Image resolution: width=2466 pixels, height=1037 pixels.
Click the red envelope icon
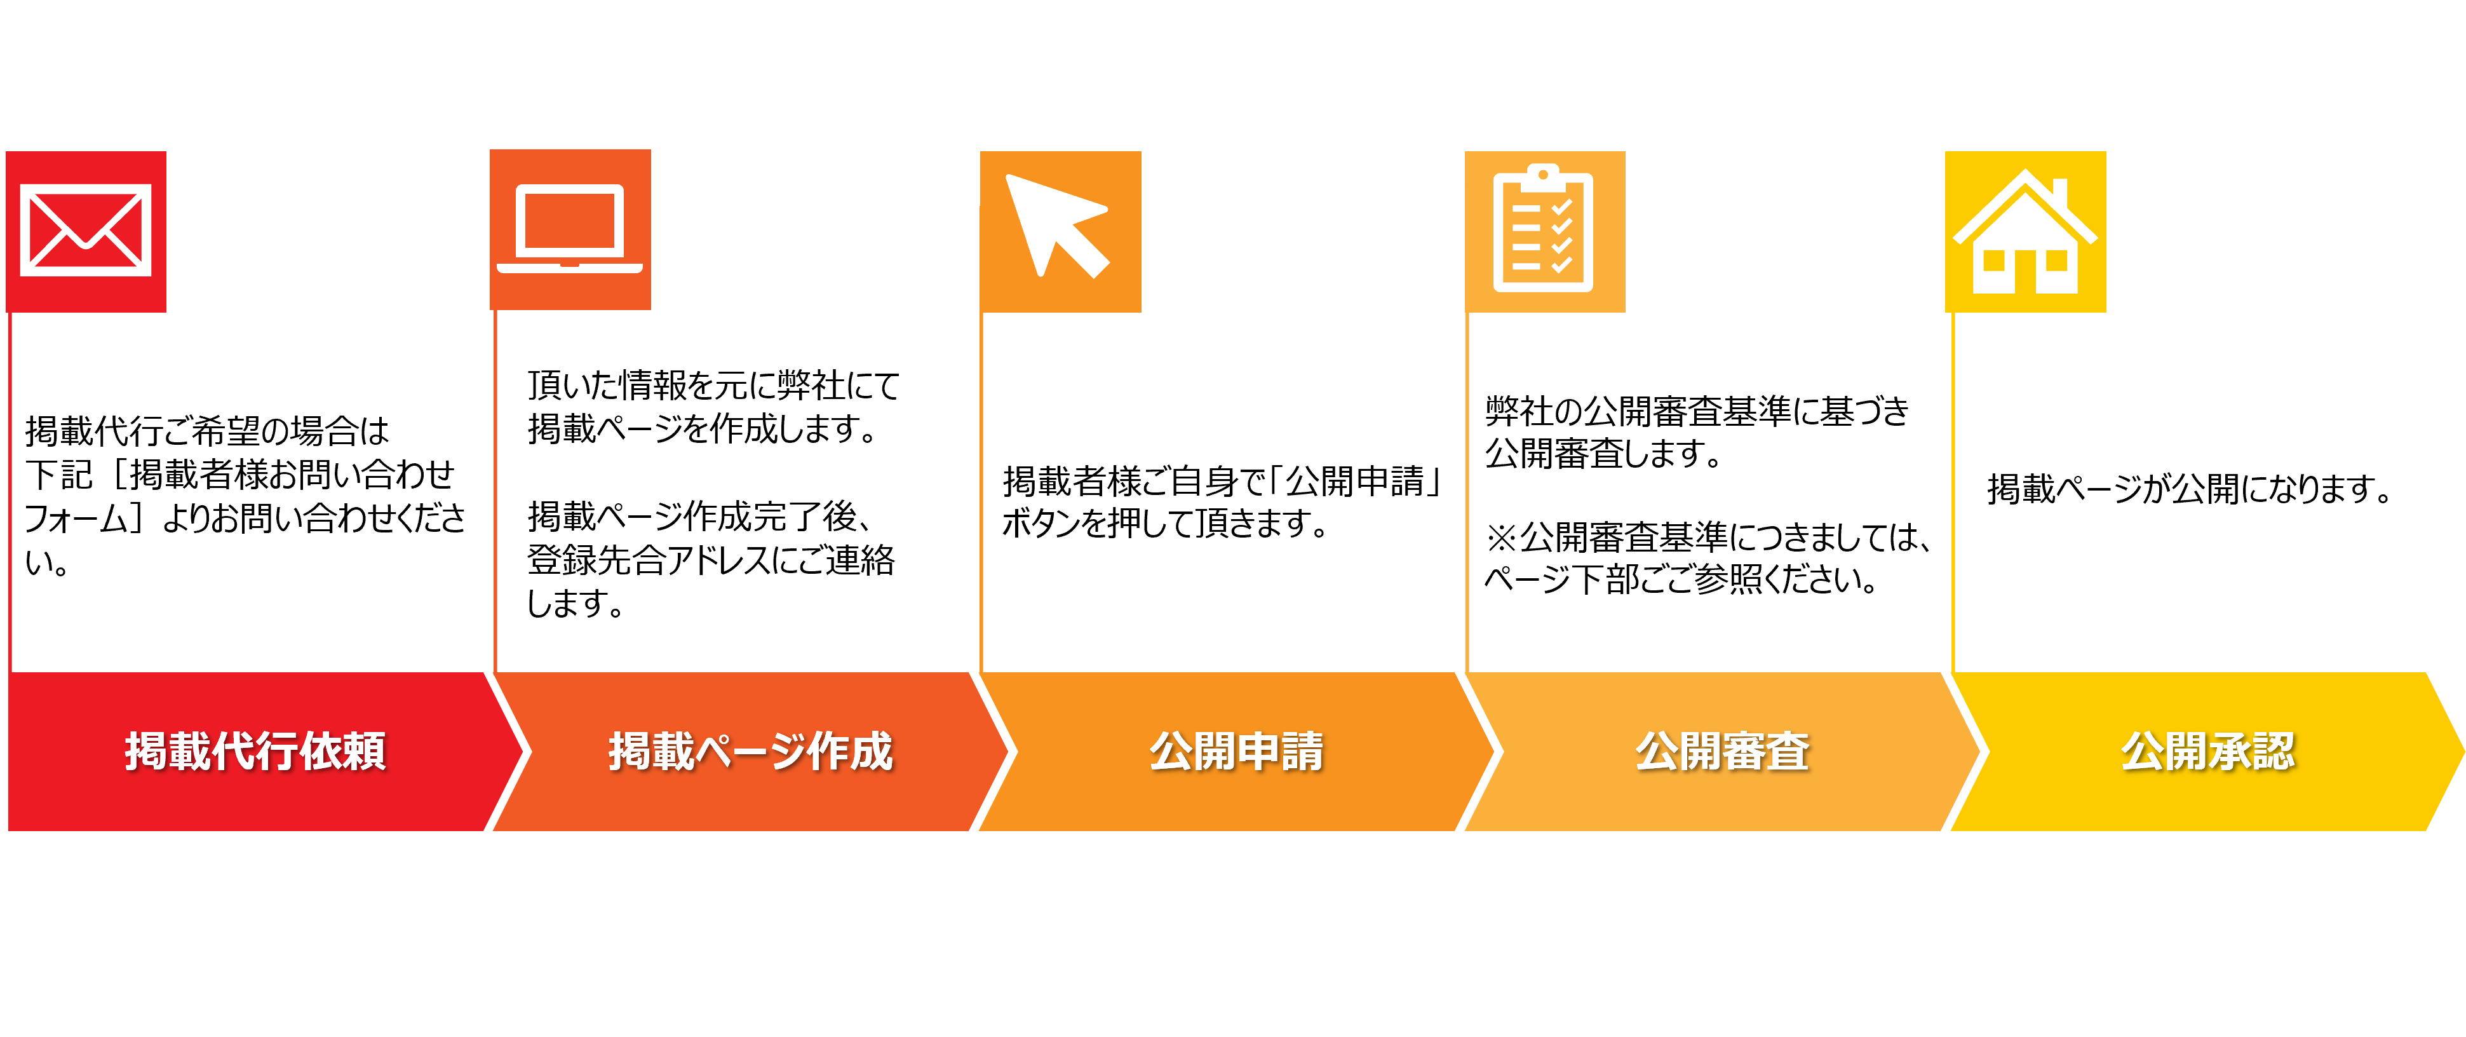point(86,231)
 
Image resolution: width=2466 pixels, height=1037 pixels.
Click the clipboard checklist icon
point(1543,231)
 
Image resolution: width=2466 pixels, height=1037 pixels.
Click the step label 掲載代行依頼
point(255,750)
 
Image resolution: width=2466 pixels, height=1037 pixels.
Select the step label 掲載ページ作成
point(750,750)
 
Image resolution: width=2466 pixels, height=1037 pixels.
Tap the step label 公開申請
point(1236,750)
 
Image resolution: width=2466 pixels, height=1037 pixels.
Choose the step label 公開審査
point(1721,750)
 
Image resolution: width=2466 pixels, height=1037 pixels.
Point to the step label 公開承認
point(2207,750)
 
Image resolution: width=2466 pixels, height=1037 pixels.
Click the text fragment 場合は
point(340,431)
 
